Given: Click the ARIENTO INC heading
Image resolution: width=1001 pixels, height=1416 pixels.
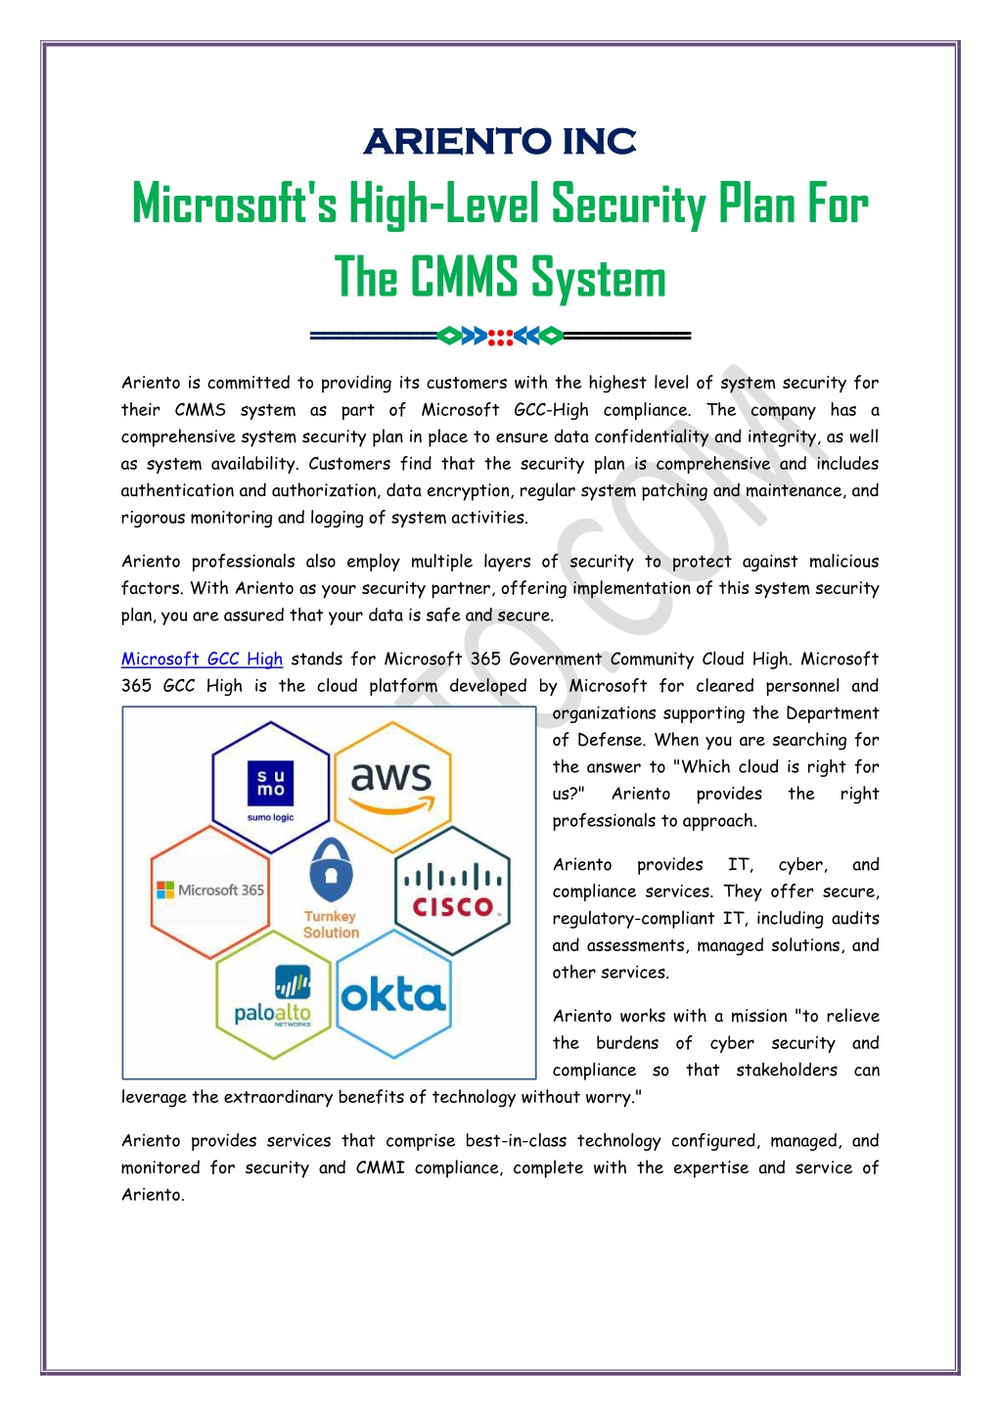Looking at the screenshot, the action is coord(500,141).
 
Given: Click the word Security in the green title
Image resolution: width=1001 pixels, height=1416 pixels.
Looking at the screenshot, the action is coord(628,205).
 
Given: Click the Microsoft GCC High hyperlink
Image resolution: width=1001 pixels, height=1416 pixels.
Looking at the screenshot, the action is coord(202,659).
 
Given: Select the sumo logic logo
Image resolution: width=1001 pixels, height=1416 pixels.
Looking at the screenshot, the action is coord(270,791).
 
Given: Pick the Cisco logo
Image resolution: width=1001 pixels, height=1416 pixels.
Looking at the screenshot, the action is coord(452,891).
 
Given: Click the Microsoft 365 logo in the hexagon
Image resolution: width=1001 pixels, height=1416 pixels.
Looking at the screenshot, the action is coord(210,891).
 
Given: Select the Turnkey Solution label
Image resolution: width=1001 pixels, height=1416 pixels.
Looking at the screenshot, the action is coord(331,924).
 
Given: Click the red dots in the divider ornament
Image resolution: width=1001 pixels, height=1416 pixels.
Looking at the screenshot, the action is coord(500,338).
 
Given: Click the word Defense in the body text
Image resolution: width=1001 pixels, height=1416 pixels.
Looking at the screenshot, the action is coord(610,740).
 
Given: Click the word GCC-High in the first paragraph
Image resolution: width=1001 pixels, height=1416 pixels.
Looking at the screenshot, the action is coord(551,410).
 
